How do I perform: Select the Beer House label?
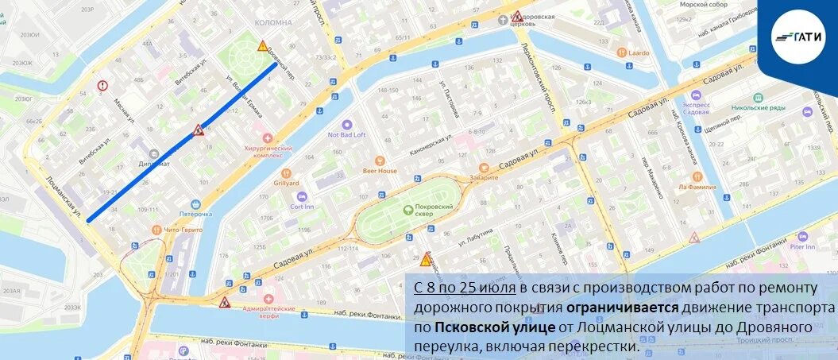[x=380, y=170]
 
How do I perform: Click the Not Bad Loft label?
[x=346, y=134]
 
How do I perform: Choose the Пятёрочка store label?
[x=195, y=214]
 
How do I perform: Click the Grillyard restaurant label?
[x=286, y=183]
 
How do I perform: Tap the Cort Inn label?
[x=301, y=206]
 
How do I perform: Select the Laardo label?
[x=639, y=53]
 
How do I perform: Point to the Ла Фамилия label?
[x=697, y=187]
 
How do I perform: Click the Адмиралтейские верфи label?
[x=268, y=312]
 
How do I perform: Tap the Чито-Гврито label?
[x=183, y=229]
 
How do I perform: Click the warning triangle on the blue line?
[x=198, y=130]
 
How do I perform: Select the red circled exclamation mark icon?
[x=102, y=86]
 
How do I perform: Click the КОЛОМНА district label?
[x=274, y=23]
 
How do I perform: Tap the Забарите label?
[x=483, y=177]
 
